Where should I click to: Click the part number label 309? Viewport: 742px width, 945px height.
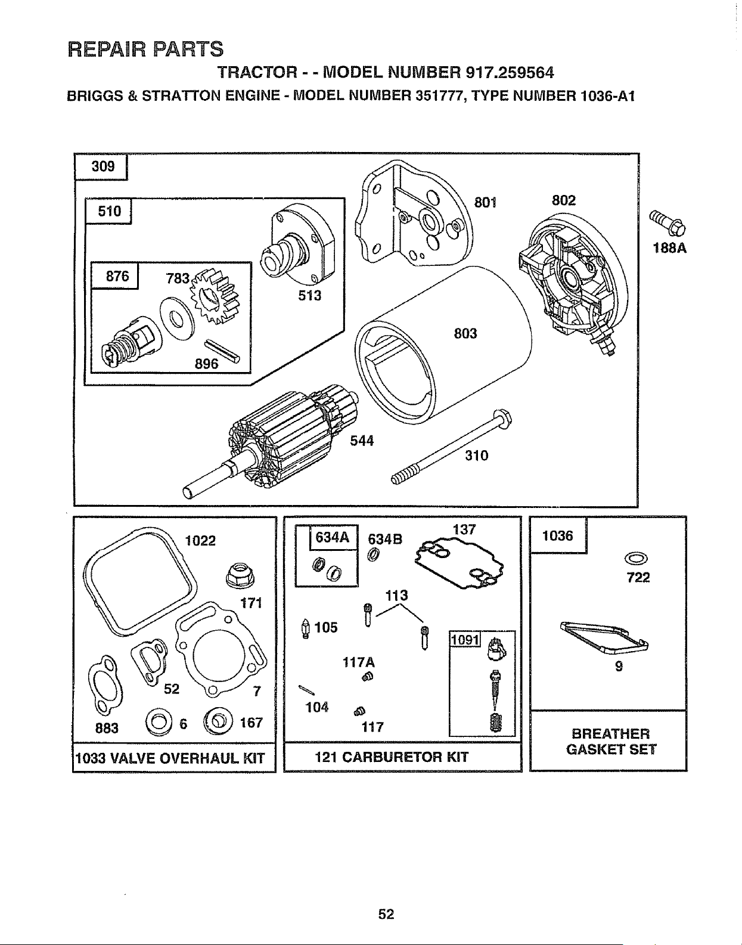[x=103, y=166]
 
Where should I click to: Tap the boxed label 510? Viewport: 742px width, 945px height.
[x=109, y=211]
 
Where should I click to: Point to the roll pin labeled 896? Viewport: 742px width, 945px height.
[x=221, y=349]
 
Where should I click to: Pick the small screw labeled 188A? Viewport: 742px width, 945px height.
[x=667, y=222]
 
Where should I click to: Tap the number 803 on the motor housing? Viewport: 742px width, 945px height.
[x=465, y=333]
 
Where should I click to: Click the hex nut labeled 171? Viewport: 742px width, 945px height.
[x=240, y=575]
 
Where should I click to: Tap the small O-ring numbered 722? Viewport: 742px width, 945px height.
[x=636, y=558]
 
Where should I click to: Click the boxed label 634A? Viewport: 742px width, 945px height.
[x=333, y=538]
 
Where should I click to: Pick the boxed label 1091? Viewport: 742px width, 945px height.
[x=465, y=640]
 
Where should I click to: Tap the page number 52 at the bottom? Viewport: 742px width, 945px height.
[x=386, y=913]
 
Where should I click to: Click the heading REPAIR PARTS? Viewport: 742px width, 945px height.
[x=145, y=49]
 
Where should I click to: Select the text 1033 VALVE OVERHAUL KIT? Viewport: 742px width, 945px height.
[x=170, y=758]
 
